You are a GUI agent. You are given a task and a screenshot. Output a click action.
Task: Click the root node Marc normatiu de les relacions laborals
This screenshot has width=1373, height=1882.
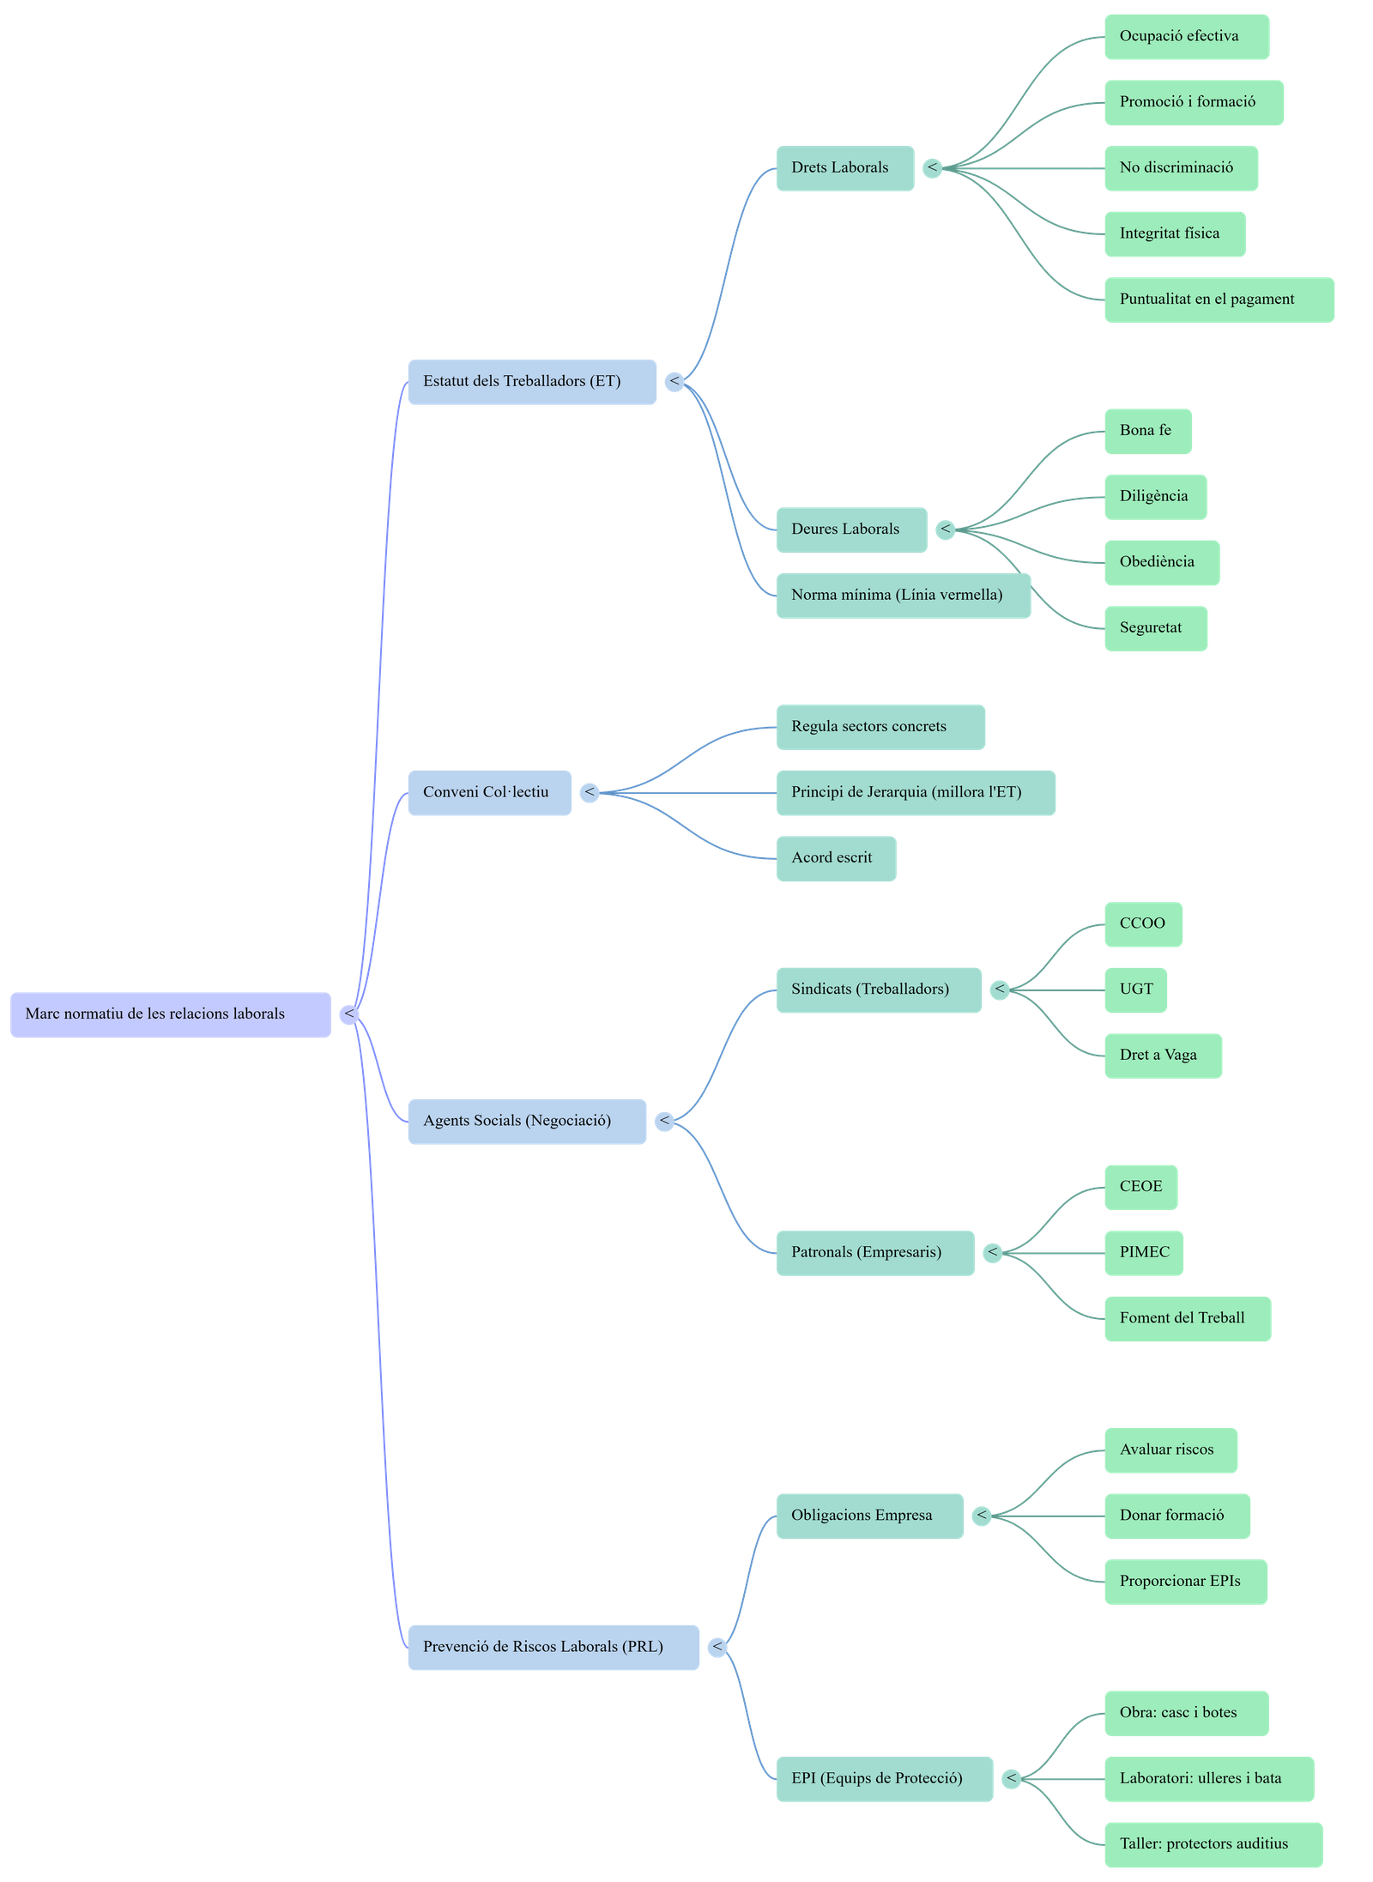[170, 1014]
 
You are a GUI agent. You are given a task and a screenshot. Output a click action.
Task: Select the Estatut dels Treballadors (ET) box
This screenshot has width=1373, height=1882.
[531, 382]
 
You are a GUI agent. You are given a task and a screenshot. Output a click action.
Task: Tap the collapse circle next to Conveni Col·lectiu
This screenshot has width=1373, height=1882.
[590, 793]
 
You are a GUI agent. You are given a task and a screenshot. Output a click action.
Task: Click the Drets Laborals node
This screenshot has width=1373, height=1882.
[844, 168]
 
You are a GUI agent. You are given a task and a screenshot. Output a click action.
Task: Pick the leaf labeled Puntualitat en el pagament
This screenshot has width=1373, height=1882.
[1219, 300]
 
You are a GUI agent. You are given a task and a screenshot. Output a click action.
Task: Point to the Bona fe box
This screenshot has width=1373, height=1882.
[1147, 431]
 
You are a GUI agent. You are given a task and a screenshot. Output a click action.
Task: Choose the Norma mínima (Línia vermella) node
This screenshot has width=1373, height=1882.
[902, 596]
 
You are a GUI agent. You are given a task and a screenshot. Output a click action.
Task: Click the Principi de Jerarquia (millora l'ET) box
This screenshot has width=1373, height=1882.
[915, 793]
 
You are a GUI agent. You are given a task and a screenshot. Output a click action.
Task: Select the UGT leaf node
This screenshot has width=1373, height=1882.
[1135, 990]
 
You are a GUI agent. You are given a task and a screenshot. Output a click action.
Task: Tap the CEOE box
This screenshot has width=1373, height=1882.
[1140, 1188]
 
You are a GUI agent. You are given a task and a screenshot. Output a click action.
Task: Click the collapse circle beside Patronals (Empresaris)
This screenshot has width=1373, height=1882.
[993, 1253]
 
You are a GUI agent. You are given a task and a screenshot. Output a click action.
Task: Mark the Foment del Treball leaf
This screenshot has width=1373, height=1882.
[1187, 1319]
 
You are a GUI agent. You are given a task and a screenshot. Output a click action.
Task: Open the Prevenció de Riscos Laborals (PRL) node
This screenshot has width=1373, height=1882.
[553, 1647]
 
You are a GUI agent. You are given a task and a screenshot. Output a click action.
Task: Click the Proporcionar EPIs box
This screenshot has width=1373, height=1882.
[1185, 1582]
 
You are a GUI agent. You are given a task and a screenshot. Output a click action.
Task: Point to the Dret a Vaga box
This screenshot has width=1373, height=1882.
[1162, 1056]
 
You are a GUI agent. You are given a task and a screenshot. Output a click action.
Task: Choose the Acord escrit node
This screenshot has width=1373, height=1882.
[835, 858]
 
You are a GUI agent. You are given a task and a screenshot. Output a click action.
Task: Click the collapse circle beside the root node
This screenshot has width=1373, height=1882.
[349, 1014]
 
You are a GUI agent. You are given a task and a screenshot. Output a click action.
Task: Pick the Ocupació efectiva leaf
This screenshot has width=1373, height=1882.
[1186, 37]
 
